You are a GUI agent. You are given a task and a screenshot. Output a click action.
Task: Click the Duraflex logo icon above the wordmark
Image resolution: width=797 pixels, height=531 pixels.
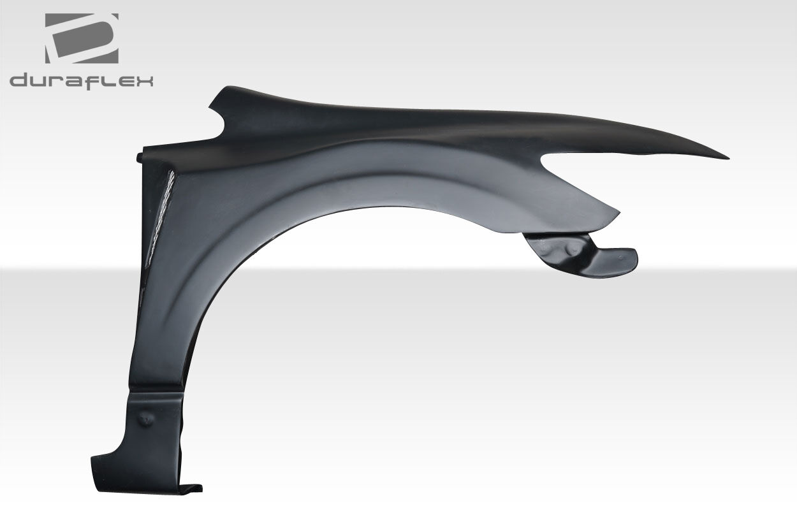coord(82,38)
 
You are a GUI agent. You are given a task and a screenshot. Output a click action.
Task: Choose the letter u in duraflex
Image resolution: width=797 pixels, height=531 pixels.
coord(41,82)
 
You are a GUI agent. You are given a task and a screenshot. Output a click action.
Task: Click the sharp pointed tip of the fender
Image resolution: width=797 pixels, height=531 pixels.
coord(729,158)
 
